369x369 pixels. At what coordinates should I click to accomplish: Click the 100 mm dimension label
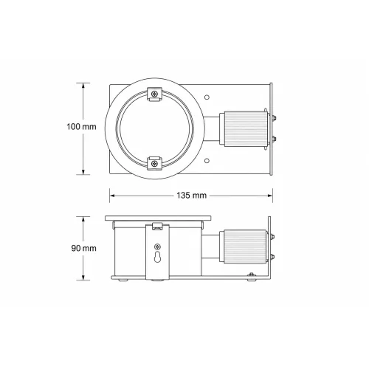[x=81, y=127]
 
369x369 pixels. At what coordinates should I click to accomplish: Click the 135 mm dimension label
[x=191, y=196]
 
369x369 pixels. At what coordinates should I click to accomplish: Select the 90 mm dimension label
[x=83, y=248]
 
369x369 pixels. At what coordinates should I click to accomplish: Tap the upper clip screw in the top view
[x=154, y=94]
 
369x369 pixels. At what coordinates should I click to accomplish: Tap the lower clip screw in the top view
[x=154, y=163]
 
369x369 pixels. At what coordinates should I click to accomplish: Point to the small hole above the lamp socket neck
[x=207, y=97]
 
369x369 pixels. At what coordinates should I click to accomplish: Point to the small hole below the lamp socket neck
[x=207, y=161]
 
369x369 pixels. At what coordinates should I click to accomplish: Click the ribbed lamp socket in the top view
[x=244, y=129]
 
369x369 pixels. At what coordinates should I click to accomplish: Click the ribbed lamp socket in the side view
[x=245, y=246]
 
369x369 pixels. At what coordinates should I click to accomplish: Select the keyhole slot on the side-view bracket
[x=157, y=258]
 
